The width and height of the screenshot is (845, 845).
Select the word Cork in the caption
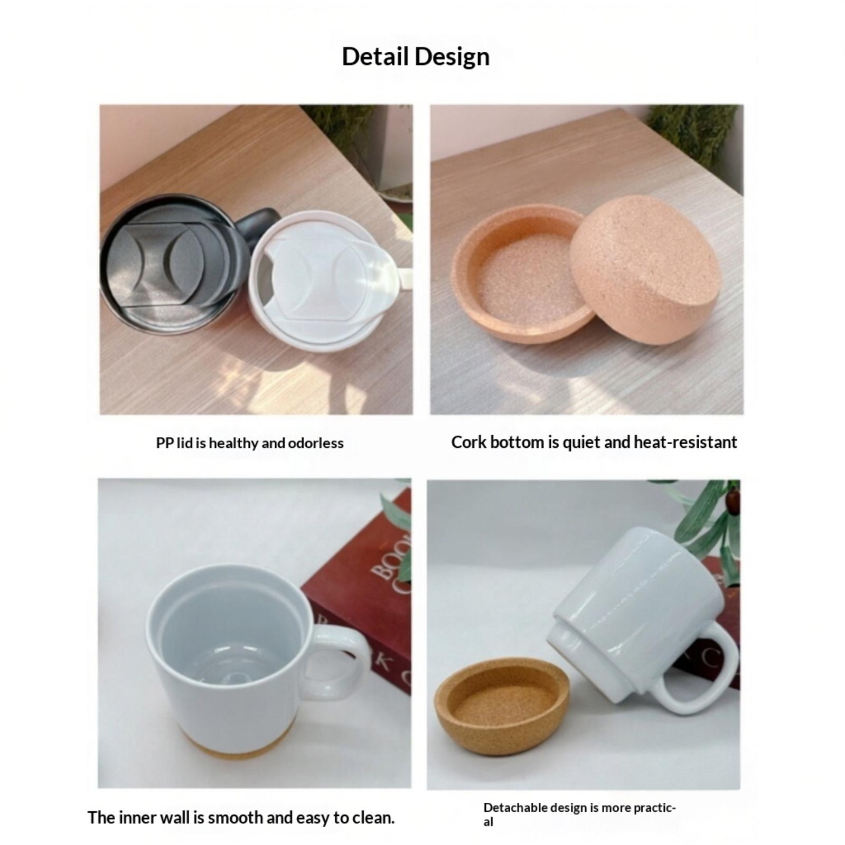(468, 442)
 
